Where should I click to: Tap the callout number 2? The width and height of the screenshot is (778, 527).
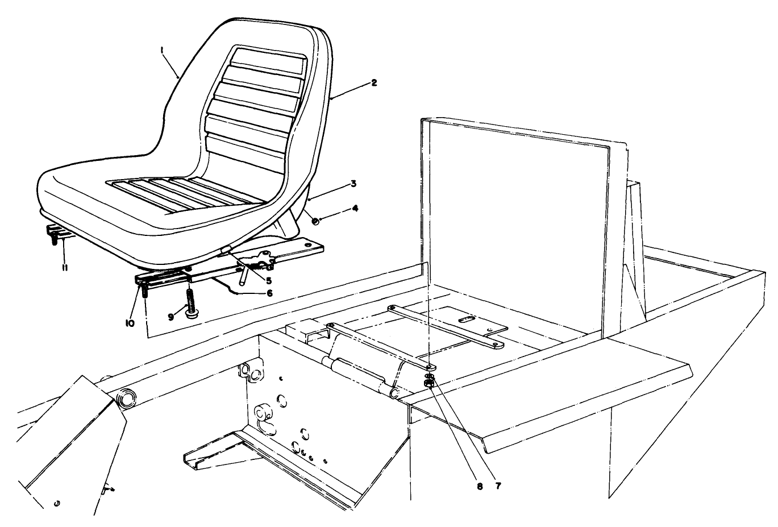click(373, 82)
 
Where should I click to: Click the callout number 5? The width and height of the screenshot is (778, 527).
click(268, 280)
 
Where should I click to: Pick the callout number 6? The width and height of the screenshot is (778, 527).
click(269, 293)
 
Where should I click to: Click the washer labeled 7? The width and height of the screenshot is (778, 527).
click(430, 376)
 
